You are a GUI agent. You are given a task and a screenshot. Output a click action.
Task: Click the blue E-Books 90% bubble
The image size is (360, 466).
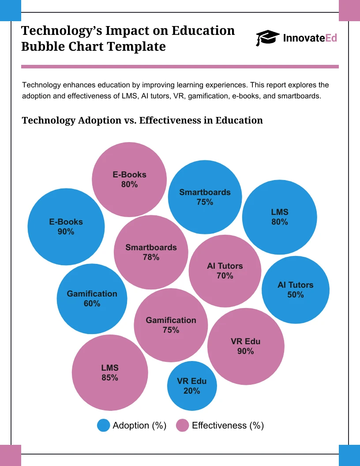pyautogui.click(x=66, y=226)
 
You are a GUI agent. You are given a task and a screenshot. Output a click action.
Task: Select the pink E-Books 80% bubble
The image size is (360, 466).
pyautogui.click(x=129, y=179)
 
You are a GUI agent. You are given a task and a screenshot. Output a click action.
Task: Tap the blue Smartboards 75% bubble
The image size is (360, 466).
pyautogui.click(x=205, y=197)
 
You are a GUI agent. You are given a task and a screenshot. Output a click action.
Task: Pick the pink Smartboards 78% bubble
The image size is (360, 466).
pyautogui.click(x=151, y=252)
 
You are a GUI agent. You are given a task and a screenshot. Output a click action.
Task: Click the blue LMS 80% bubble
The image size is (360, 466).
pyautogui.click(x=279, y=217)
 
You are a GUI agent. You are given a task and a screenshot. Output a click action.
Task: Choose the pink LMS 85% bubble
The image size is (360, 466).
pyautogui.click(x=109, y=372)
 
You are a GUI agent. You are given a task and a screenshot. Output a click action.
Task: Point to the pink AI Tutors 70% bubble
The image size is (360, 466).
pyautogui.click(x=225, y=271)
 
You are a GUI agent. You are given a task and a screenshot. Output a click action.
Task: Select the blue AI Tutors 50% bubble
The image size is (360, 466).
pyautogui.click(x=295, y=290)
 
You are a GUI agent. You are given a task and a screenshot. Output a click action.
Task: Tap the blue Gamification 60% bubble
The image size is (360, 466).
pyautogui.click(x=92, y=298)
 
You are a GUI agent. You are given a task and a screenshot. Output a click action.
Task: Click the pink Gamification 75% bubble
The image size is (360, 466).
pyautogui.click(x=171, y=325)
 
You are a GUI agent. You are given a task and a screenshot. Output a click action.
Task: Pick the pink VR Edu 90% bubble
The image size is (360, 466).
pyautogui.click(x=245, y=346)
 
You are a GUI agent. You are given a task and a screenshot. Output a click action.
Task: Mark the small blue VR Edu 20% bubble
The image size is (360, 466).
pyautogui.click(x=191, y=386)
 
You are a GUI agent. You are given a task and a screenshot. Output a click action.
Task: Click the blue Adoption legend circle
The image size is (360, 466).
pyautogui.click(x=103, y=425)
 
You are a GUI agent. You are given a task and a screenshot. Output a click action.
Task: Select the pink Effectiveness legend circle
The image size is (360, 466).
pyautogui.click(x=182, y=425)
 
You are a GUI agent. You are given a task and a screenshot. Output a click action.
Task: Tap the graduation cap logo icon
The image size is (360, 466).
pyautogui.click(x=267, y=38)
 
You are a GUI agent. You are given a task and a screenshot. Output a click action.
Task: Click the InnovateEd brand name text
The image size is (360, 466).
pyautogui.click(x=310, y=38)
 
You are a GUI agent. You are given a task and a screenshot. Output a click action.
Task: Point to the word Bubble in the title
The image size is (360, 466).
pyautogui.click(x=43, y=46)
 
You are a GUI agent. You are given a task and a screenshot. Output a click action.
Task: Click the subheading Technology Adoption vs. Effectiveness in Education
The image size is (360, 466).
pyautogui.click(x=142, y=120)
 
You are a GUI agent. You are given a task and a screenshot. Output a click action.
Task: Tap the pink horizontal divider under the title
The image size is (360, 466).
pyautogui.click(x=180, y=67)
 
